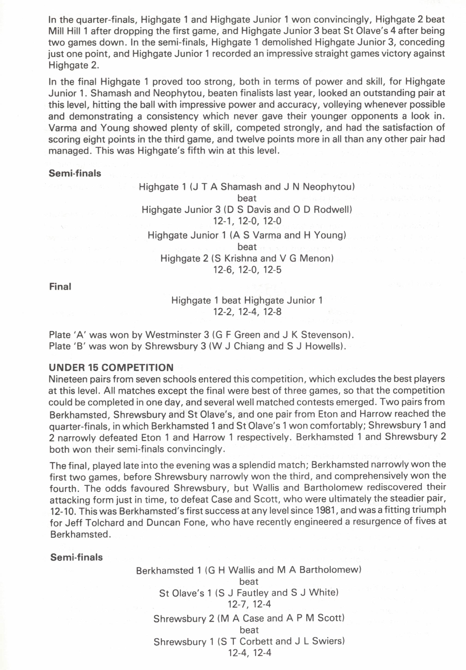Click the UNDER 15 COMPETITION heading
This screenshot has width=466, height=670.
click(111, 367)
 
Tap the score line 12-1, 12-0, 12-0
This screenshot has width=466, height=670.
click(247, 221)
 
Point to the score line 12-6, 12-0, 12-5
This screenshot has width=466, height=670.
click(247, 270)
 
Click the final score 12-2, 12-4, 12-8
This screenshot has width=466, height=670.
click(247, 312)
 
